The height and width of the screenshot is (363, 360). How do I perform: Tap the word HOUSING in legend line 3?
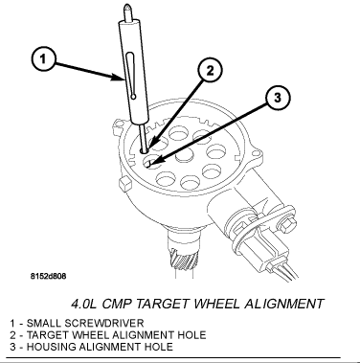pyautogui.click(x=46, y=345)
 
